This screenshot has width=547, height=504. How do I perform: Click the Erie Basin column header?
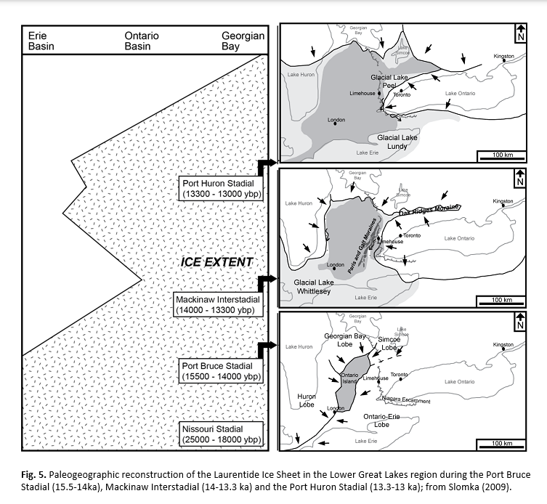(x=41, y=40)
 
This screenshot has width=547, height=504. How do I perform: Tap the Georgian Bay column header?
(x=243, y=40)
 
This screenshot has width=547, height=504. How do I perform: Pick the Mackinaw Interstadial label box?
(x=217, y=304)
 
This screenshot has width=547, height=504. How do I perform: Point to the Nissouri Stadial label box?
(x=222, y=434)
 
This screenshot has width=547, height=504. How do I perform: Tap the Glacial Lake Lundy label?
(x=397, y=142)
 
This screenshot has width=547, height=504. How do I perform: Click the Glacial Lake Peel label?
(x=391, y=81)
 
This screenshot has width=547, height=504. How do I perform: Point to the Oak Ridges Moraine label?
(x=430, y=211)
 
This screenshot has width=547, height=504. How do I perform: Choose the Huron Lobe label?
(x=307, y=400)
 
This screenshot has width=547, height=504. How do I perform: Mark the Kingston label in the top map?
(x=503, y=56)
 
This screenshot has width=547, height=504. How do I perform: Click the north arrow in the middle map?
(x=519, y=178)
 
